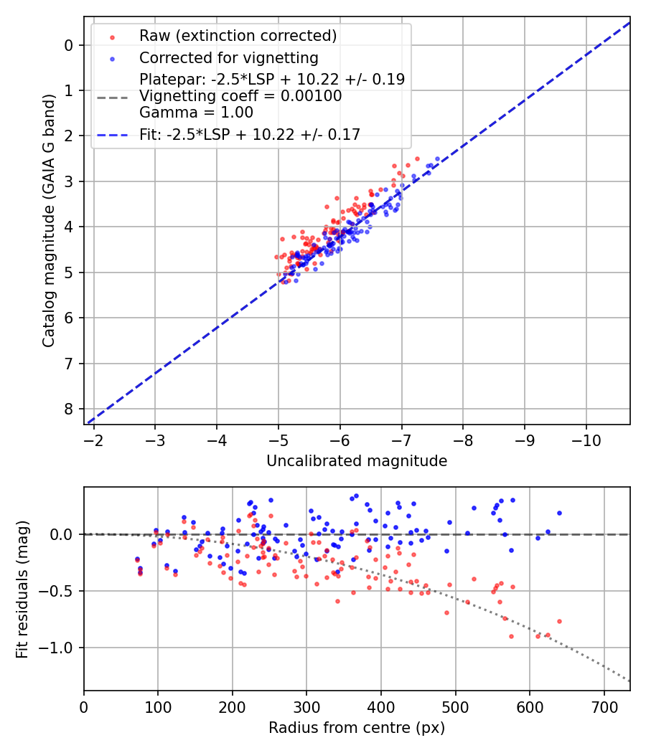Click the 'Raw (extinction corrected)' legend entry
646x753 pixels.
click(238, 36)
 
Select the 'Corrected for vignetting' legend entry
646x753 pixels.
click(228, 57)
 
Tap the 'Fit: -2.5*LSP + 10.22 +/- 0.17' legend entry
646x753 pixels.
click(249, 134)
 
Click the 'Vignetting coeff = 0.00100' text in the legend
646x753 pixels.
click(240, 96)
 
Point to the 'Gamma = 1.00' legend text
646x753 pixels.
click(196, 113)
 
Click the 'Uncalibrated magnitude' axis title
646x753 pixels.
click(357, 461)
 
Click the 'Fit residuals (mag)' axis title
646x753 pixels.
click(22, 589)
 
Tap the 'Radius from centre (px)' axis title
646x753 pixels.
click(357, 728)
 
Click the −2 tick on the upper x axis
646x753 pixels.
click(94, 437)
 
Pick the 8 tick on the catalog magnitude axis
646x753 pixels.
click(69, 409)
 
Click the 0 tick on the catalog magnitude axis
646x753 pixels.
click(69, 45)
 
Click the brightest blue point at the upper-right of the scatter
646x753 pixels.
click(437, 158)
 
